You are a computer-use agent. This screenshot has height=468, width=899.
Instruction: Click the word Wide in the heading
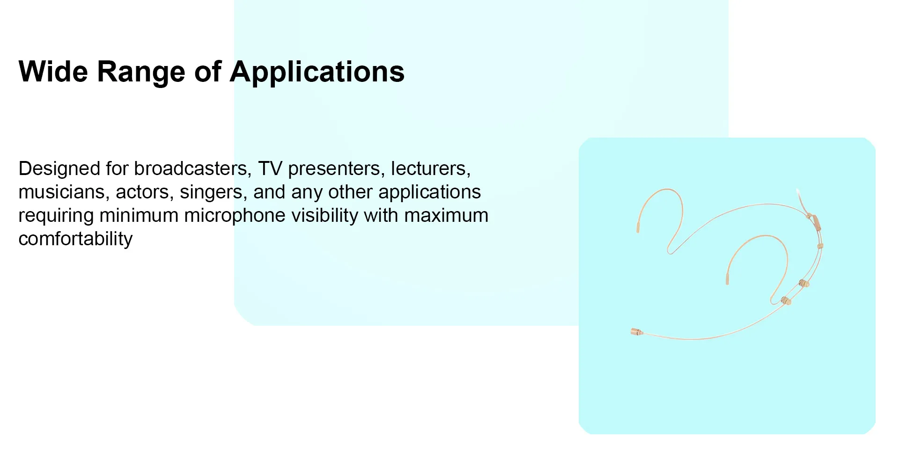(x=53, y=72)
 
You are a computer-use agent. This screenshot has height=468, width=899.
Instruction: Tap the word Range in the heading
(x=141, y=73)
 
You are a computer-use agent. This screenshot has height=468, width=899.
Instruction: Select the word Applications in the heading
(x=317, y=73)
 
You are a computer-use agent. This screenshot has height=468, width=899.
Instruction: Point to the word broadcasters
(x=193, y=169)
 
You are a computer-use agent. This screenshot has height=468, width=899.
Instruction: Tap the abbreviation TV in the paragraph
(x=270, y=168)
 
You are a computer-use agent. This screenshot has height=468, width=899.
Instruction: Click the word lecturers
(x=431, y=169)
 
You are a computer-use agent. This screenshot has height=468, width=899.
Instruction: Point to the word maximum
(x=446, y=216)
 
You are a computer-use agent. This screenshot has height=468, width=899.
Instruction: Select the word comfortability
(x=75, y=239)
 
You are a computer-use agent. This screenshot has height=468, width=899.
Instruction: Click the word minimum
(x=139, y=216)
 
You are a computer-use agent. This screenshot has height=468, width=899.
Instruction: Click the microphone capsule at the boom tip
(x=636, y=332)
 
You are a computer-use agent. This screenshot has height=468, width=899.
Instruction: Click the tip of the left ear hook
(x=638, y=228)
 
